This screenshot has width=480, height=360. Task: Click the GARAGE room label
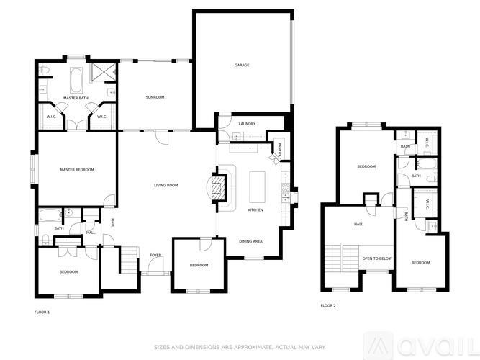[x=242, y=66]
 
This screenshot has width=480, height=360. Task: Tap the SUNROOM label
[x=155, y=97]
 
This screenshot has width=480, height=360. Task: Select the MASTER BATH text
[x=75, y=97]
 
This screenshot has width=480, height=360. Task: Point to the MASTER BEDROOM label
[x=77, y=170]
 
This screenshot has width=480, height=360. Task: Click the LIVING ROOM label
[x=166, y=186]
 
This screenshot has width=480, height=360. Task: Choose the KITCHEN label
[x=255, y=210]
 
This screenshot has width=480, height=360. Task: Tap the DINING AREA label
[x=250, y=240]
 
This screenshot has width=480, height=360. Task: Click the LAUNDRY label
[x=247, y=124]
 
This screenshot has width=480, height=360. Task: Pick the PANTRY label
[x=279, y=150]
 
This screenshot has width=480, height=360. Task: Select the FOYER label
[x=155, y=256]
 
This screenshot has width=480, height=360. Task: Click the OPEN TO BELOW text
[x=376, y=258]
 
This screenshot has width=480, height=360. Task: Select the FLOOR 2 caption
[x=328, y=306]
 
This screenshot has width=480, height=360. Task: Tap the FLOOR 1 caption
[x=42, y=312]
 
